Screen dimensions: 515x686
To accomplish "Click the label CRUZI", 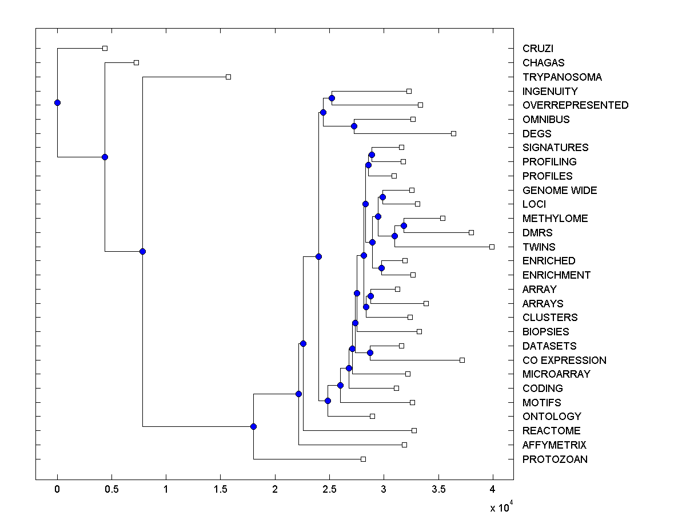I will click(537, 49).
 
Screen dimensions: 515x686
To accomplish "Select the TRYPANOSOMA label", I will click(562, 77).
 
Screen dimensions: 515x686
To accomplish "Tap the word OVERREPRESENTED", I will click(575, 105).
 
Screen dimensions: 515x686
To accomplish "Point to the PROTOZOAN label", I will click(555, 459).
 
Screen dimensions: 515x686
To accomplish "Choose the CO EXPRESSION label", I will click(564, 360).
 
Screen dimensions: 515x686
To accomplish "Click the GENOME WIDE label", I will click(560, 191).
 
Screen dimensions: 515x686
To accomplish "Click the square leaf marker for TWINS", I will click(492, 247).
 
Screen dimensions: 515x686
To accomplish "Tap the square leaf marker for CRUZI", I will click(105, 49).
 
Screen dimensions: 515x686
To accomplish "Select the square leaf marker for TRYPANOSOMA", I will click(228, 77).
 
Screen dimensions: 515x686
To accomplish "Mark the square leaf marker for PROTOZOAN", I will click(363, 459).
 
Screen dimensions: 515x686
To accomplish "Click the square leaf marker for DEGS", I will click(453, 133).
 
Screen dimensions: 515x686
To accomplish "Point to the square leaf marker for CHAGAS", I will click(136, 62).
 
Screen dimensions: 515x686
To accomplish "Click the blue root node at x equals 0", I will click(57, 102).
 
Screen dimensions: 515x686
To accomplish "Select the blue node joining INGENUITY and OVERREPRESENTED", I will click(332, 98).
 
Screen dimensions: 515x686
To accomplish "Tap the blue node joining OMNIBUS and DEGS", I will click(354, 126).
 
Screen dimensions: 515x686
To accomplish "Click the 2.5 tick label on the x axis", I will click(329, 489).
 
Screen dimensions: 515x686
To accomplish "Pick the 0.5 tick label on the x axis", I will click(111, 489).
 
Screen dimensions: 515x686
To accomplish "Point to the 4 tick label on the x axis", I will click(492, 489).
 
